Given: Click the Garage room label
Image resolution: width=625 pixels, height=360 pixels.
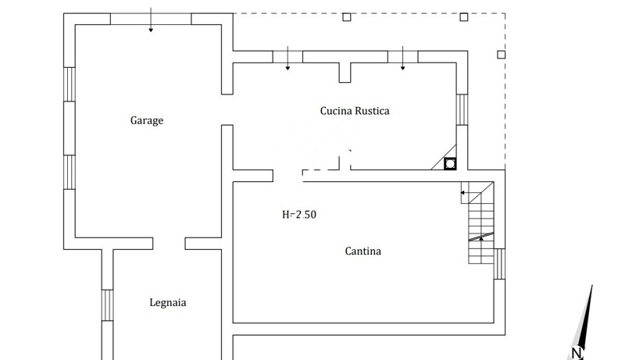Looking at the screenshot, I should pos(147,121).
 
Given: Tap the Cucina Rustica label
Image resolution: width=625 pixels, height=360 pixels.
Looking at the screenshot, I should pos(355,111).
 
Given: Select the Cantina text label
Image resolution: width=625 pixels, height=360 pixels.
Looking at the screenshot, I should pos(363,251).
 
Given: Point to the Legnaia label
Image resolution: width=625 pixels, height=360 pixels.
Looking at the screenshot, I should pos(168,303).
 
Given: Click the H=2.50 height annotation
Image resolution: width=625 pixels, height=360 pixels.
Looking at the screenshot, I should pos(299,214).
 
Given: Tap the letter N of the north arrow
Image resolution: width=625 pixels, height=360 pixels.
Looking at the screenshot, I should pos(577,353).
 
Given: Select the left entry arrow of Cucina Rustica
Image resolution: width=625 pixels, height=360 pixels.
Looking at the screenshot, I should pos(288,59).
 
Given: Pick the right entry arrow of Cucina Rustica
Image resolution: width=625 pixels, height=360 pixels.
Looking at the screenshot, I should pos(403,59).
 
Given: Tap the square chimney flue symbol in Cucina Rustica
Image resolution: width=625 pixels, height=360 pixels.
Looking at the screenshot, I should pos(451,164).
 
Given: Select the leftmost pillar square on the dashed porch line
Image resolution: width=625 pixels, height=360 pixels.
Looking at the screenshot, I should pos(347,17).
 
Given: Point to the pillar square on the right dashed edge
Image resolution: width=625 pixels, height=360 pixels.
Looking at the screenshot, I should pos(502,55).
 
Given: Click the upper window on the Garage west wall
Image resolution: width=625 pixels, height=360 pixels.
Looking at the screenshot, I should pos(69,84).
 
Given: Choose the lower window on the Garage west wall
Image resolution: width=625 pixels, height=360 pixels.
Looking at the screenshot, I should pos(69,172).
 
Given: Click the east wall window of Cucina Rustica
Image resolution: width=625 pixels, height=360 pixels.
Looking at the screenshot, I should pos(462,109).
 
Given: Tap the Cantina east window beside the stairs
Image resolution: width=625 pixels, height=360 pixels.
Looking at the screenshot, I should pos(500,263).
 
